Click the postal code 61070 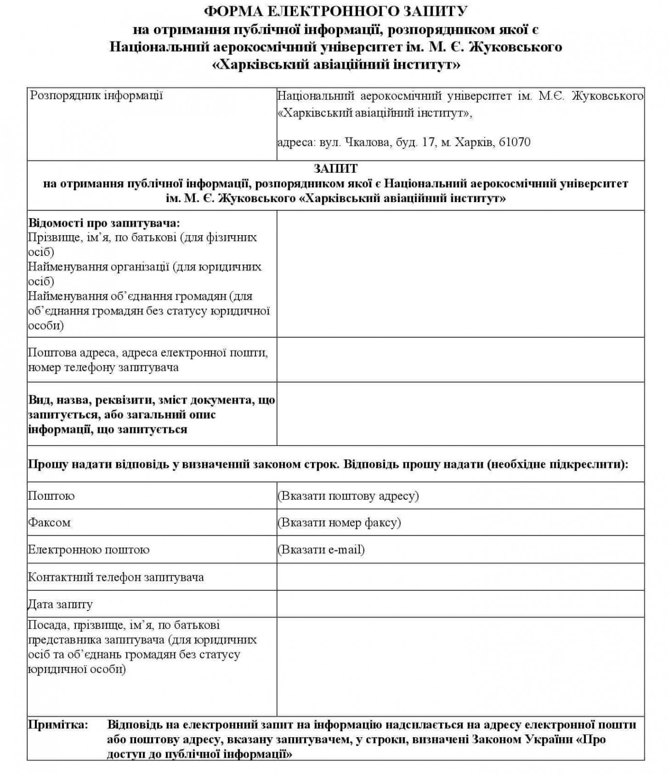click(x=514, y=142)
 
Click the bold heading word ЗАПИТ click(x=336, y=169)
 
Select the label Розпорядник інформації click(x=96, y=95)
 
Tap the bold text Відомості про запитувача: click(x=104, y=223)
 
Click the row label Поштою click(x=51, y=496)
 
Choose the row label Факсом click(x=49, y=522)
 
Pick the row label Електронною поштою click(x=89, y=550)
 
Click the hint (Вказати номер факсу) click(x=339, y=522)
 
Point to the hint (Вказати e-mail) click(x=321, y=550)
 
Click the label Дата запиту click(x=60, y=604)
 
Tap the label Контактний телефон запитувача click(x=116, y=577)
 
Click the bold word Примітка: click(x=58, y=725)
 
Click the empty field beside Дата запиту click(x=460, y=604)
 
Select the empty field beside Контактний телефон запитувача click(x=460, y=577)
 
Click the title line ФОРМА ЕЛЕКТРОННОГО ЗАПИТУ click(x=336, y=11)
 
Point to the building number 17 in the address click(x=428, y=142)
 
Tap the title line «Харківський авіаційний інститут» click(x=336, y=64)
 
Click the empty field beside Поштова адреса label click(x=460, y=359)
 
